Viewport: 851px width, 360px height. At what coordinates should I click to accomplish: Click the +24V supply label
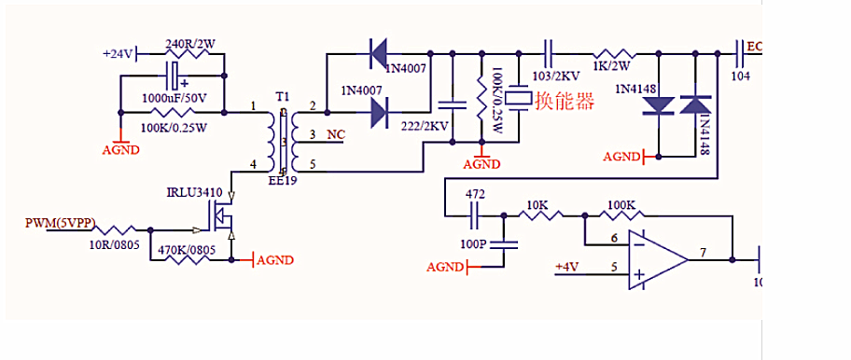[x=119, y=54]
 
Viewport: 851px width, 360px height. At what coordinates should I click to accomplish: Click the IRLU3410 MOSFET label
[x=193, y=193]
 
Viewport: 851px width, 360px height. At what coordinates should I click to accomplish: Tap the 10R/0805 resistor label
[x=115, y=245]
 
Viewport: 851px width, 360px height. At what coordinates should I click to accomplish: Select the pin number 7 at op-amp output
[x=705, y=253]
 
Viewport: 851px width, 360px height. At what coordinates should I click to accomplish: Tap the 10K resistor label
[x=537, y=203]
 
